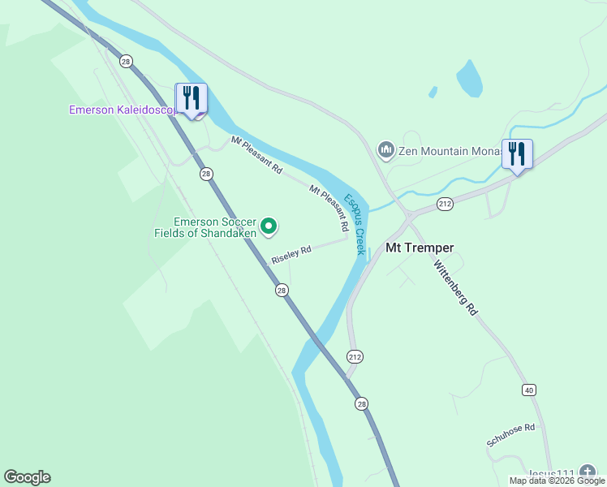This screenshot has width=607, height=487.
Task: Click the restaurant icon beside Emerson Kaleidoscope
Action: click(192, 98)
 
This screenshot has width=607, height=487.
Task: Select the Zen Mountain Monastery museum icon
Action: click(386, 150)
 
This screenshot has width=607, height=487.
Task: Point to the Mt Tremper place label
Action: click(420, 248)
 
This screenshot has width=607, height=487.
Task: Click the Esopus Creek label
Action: click(355, 224)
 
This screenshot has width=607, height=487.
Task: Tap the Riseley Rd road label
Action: click(291, 254)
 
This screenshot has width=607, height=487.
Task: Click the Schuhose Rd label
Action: click(510, 434)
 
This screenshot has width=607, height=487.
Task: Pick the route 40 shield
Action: click(529, 390)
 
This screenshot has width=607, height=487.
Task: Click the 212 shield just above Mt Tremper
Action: click(444, 203)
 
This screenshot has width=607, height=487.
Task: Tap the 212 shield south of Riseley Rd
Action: click(355, 356)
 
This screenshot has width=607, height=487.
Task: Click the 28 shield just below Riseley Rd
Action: click(281, 290)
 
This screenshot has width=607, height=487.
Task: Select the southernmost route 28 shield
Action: click(361, 403)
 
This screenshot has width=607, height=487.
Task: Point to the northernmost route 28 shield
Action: click(125, 61)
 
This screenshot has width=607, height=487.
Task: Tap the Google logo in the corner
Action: click(27, 477)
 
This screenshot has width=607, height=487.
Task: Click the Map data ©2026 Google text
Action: click(557, 481)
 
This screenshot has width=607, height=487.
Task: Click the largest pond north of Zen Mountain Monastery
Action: click(469, 79)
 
